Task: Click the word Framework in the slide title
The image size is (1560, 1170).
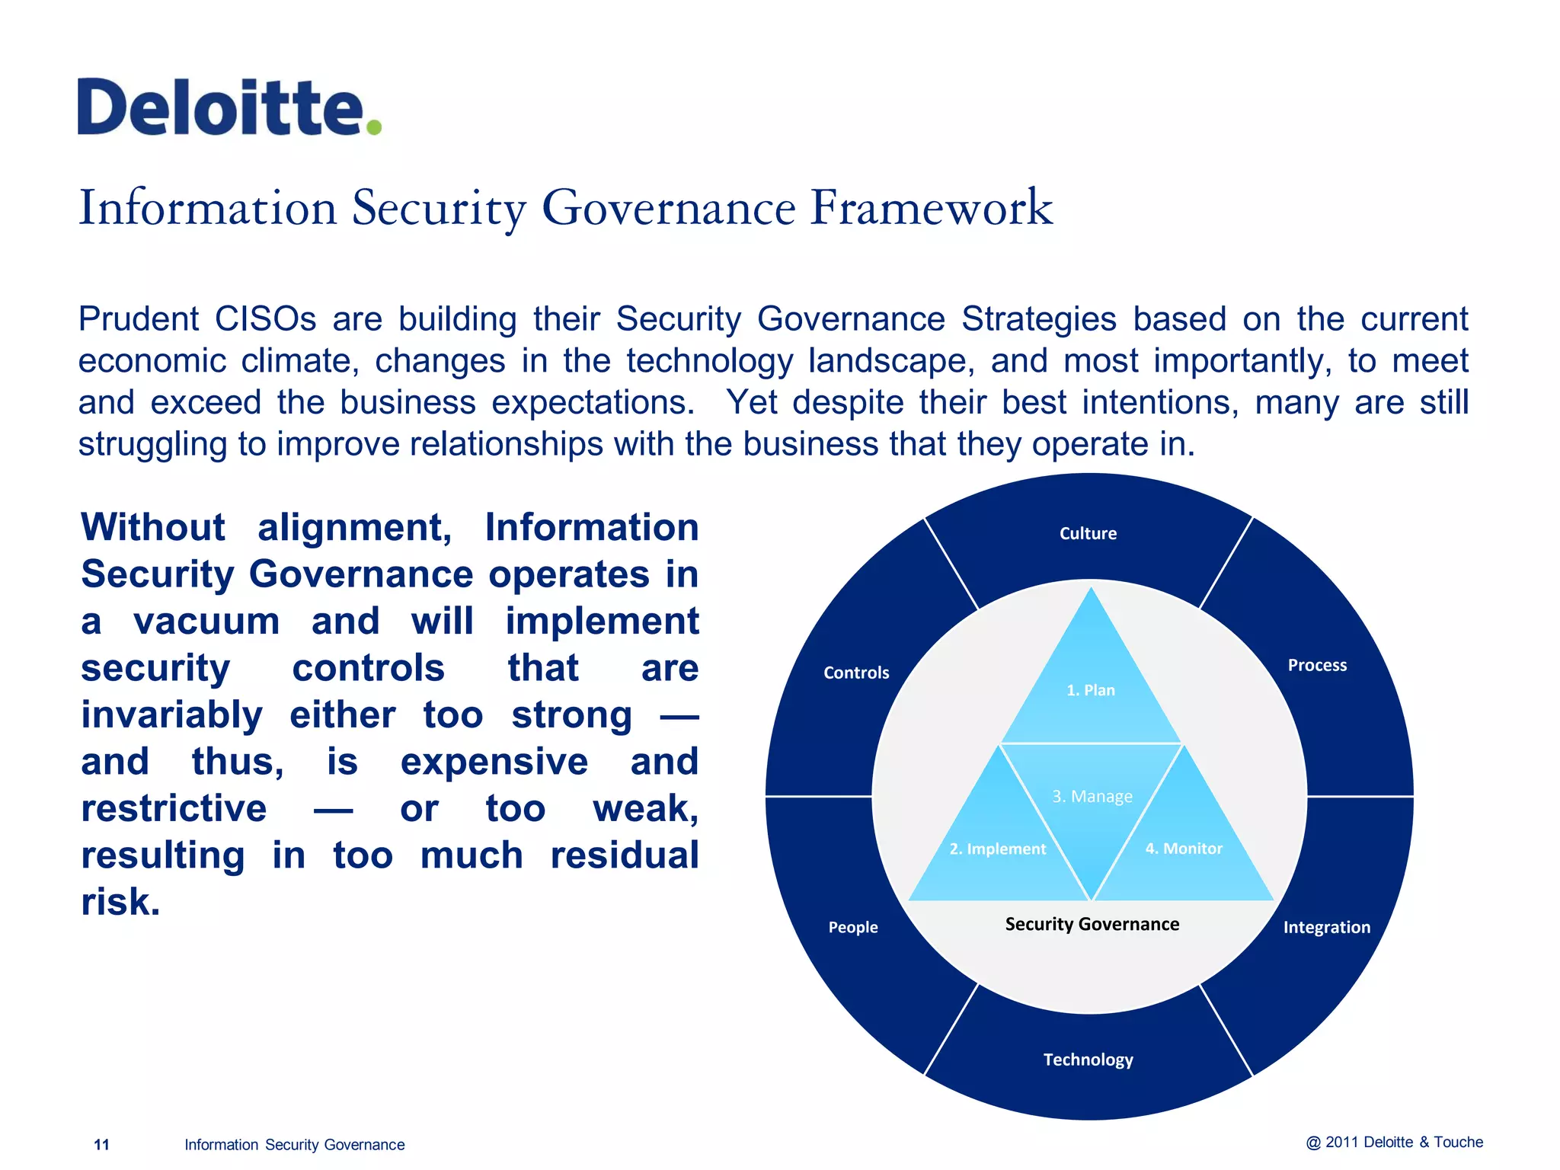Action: pos(931,207)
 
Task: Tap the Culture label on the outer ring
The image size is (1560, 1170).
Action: pos(1088,533)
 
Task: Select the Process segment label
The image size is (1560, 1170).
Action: pos(1317,665)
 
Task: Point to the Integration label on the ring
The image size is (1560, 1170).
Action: pos(1326,927)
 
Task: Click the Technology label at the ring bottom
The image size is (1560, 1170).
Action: pos(1088,1060)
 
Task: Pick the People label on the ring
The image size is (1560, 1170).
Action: pos(853,927)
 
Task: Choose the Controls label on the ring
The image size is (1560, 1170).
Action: pos(856,673)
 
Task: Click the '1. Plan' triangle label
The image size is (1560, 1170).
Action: pos(1090,690)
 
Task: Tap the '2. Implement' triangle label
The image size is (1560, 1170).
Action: pos(997,849)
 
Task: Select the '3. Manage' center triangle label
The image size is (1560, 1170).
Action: pos(1092,796)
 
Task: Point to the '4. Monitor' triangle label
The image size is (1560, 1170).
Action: pos(1183,848)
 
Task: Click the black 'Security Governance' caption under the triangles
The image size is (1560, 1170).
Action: pos(1092,924)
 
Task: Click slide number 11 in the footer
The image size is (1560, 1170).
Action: pos(101,1144)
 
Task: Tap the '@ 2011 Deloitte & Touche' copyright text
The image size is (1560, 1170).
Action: pos(1394,1142)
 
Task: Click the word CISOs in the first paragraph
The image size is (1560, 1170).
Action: pos(265,319)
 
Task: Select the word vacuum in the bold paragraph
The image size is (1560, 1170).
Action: pos(206,621)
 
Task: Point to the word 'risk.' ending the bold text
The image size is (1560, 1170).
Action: pos(120,902)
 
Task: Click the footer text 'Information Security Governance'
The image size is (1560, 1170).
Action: pos(294,1144)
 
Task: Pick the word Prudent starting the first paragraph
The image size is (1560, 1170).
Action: pos(138,319)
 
